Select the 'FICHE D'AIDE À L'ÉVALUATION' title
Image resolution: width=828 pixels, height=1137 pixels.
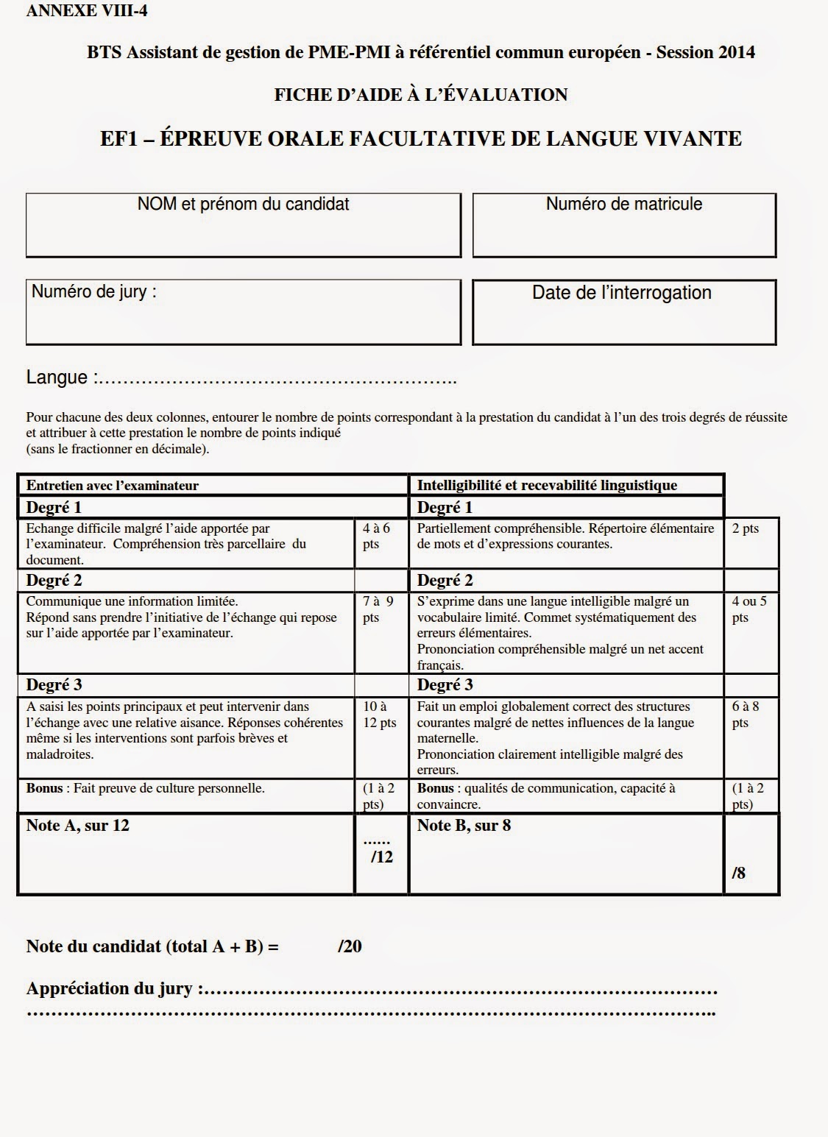420,95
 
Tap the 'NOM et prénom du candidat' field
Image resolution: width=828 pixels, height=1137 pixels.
243,225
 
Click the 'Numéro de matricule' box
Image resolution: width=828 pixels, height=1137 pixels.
623,225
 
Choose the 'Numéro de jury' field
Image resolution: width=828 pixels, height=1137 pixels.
243,312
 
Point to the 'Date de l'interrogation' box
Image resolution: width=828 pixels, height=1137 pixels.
623,312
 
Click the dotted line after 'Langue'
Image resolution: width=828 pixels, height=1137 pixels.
277,380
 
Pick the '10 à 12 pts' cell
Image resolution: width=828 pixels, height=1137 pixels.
381,715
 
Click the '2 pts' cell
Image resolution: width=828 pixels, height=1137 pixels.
746,528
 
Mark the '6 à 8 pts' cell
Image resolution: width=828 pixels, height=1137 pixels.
746,715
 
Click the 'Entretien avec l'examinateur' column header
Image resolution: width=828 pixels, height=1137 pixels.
113,485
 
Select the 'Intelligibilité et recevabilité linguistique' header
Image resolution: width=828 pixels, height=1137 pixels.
547,485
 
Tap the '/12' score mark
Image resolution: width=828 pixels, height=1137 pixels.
381,857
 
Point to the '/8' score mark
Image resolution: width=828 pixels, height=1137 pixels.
738,873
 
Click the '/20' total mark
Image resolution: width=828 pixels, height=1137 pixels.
350,946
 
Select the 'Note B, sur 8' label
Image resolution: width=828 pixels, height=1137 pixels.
464,826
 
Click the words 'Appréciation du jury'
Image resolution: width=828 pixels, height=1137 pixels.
110,988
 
